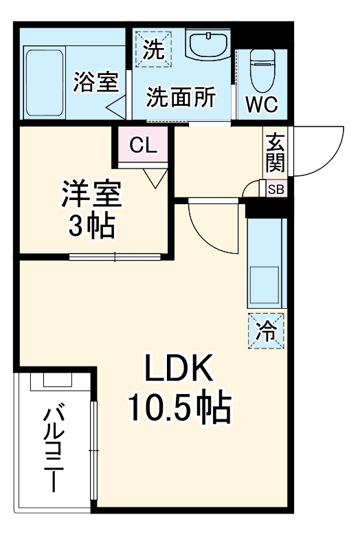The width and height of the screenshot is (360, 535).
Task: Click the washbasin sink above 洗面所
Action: point(208,46)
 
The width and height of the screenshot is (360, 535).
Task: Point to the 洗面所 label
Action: point(181,97)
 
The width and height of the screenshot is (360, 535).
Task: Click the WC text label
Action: point(262,105)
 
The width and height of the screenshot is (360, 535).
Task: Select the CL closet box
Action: point(143,145)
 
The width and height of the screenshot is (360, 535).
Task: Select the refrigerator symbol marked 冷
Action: point(265,329)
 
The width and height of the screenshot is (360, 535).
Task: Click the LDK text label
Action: point(180,372)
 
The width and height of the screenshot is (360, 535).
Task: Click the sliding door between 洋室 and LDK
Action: point(115,258)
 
